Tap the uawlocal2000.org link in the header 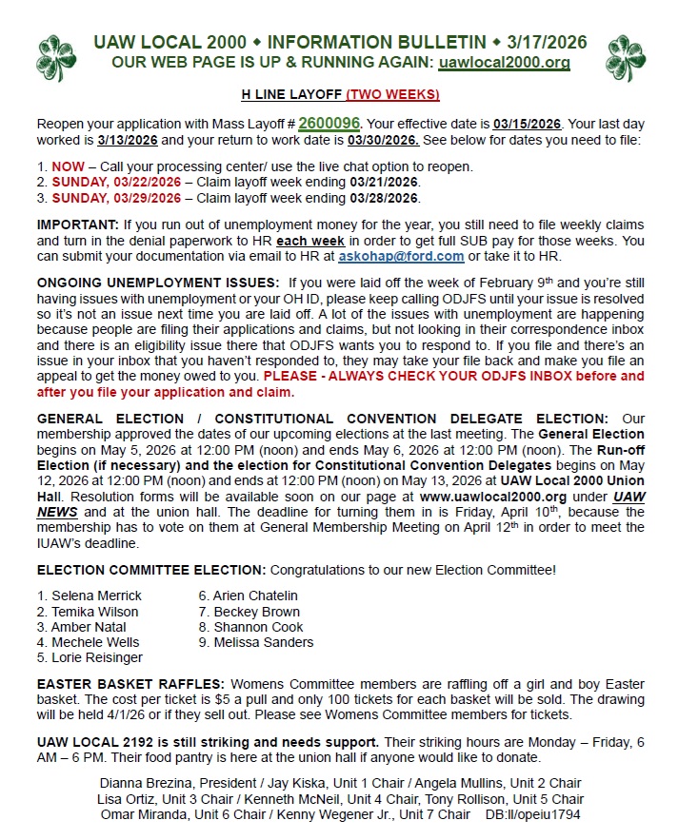pos(504,63)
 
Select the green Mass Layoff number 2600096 pos(329,124)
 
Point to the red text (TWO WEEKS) pos(392,95)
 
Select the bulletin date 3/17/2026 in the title pos(546,43)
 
